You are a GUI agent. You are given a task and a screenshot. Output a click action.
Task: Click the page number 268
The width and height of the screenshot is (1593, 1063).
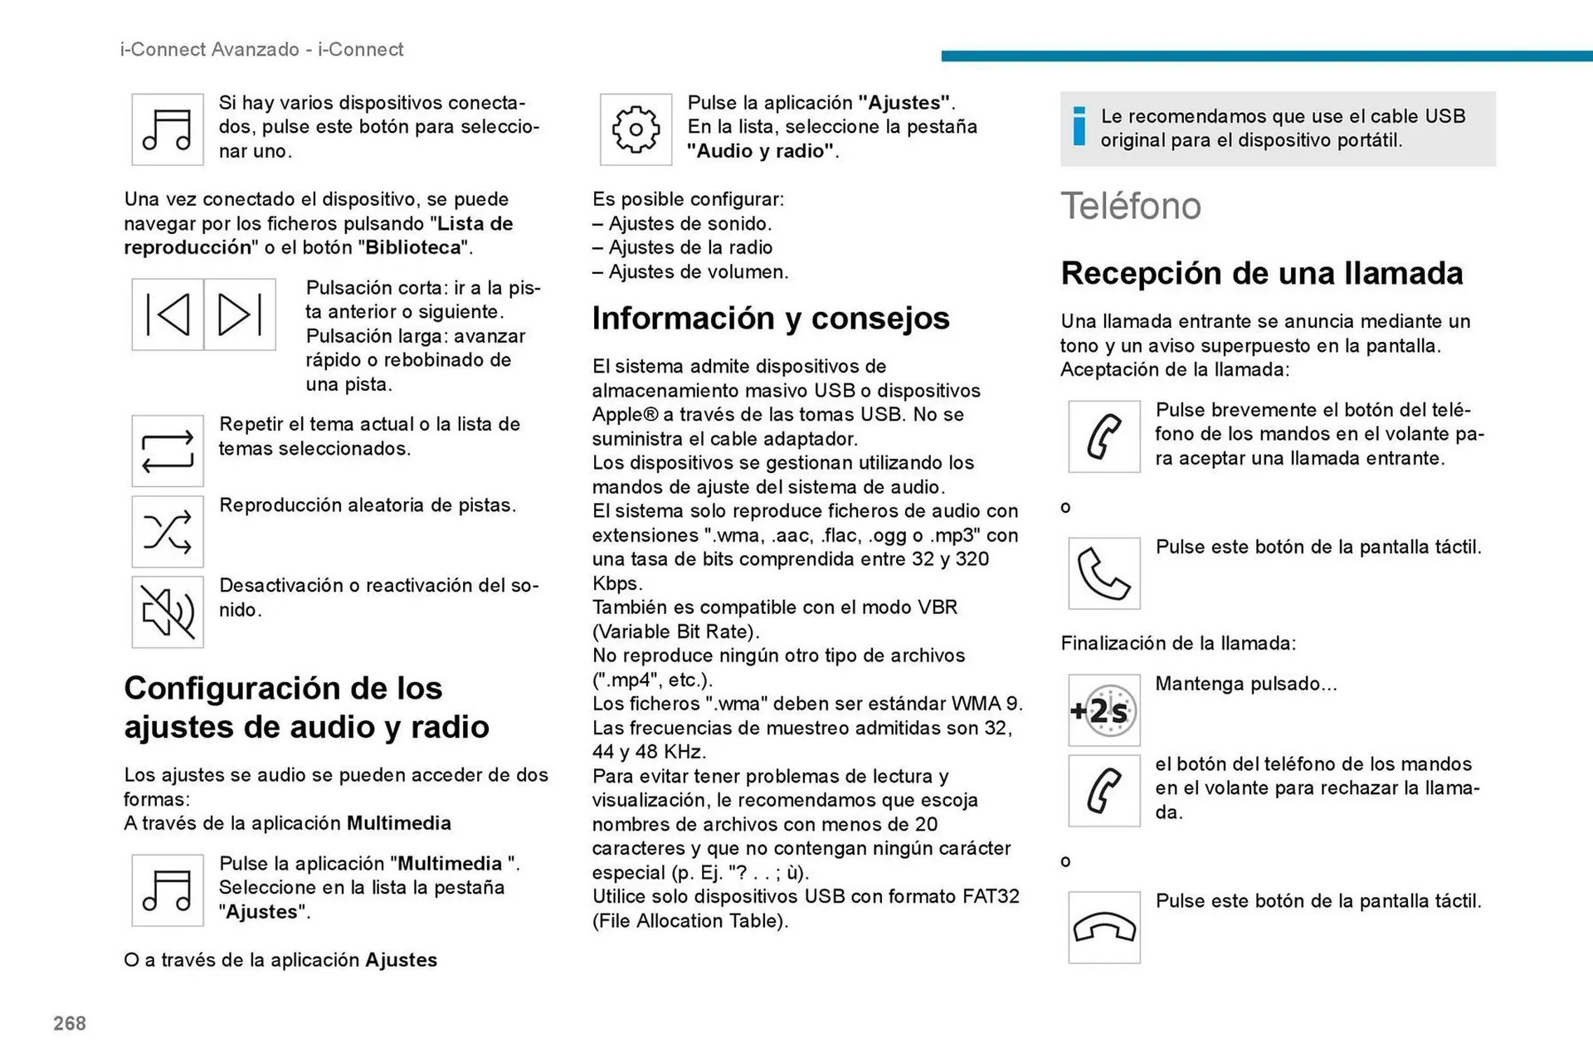[70, 1023]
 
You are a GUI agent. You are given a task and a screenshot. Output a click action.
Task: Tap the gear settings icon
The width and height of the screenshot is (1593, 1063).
[636, 129]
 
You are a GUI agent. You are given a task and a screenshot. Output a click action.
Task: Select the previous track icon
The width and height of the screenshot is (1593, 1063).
[168, 315]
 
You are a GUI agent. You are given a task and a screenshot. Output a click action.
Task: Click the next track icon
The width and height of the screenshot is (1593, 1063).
[240, 315]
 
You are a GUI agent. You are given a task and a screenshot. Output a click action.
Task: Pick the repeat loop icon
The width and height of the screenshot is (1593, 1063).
[168, 451]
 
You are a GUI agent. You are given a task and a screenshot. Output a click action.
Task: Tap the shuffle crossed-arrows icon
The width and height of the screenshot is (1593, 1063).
[168, 532]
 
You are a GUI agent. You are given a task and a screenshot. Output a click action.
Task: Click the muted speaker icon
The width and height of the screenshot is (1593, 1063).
[168, 612]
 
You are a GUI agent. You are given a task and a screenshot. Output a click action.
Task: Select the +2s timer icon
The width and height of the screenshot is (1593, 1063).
[1103, 710]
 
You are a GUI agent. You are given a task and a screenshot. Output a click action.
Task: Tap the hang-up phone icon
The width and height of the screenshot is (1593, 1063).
[1103, 928]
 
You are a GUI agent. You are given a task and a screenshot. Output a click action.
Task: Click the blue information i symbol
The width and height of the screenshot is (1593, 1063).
[1079, 127]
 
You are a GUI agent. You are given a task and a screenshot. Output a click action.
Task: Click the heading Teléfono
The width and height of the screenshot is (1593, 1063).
[1130, 206]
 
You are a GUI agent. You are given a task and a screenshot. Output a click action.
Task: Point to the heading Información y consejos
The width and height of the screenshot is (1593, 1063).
[770, 319]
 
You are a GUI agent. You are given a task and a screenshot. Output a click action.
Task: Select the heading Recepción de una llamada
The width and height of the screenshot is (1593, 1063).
[1261, 273]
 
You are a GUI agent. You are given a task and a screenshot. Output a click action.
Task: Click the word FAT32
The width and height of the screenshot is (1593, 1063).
[991, 897]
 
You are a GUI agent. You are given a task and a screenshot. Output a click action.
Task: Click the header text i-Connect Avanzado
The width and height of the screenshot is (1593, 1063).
[209, 50]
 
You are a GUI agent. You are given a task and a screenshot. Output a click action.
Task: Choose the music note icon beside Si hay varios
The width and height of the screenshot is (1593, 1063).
[168, 129]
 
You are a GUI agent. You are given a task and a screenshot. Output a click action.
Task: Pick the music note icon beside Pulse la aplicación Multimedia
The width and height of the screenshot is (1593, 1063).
[168, 890]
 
